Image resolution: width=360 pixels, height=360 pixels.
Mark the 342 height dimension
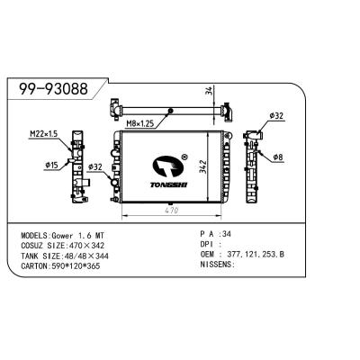pyautogui.click(x=205, y=167)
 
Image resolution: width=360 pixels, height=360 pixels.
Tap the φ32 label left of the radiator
pyautogui.click(x=94, y=167)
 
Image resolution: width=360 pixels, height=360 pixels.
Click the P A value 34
pyautogui.click(x=239, y=233)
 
